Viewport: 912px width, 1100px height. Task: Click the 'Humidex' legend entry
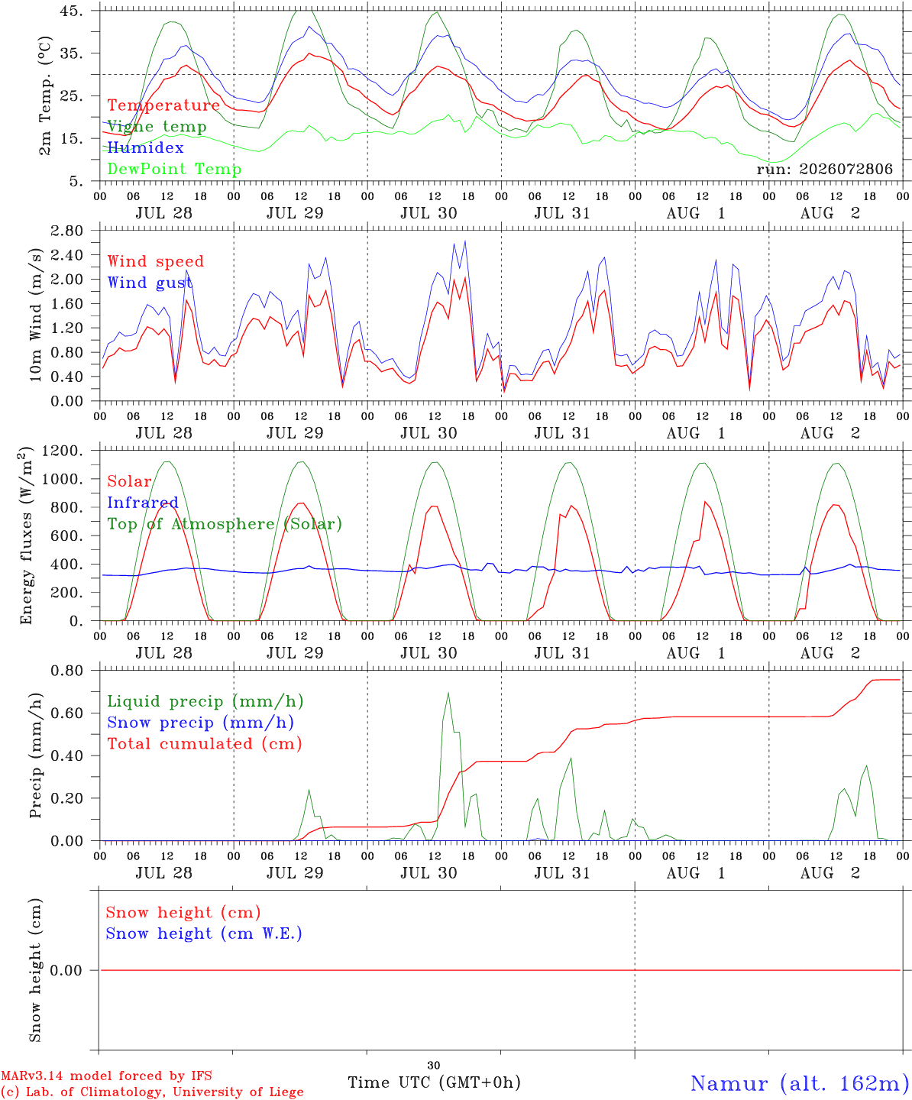point(145,147)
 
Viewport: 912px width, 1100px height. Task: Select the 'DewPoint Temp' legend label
point(174,169)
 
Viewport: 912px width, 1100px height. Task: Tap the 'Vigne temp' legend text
point(157,127)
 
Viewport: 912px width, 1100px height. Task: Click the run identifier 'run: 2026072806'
point(824,169)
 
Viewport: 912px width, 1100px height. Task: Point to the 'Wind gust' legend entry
point(150,283)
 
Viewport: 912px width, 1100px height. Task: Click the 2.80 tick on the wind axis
point(67,231)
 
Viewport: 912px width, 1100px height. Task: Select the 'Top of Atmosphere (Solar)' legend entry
point(225,524)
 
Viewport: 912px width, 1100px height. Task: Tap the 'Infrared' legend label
point(143,503)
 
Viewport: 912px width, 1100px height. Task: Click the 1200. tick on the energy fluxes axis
point(63,451)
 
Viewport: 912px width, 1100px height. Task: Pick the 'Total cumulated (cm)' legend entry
point(205,743)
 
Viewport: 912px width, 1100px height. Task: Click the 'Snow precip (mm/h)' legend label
point(200,723)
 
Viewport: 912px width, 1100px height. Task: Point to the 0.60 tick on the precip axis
point(67,713)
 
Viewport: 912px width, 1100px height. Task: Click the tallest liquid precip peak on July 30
point(448,693)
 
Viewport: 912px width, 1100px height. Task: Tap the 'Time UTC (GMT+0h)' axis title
point(434,1082)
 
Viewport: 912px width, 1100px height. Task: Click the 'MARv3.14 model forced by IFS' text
point(106,1076)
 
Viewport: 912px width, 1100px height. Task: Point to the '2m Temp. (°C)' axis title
point(45,96)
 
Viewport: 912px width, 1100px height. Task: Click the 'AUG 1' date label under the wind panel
point(696,433)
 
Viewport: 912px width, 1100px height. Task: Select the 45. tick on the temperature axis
point(71,11)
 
